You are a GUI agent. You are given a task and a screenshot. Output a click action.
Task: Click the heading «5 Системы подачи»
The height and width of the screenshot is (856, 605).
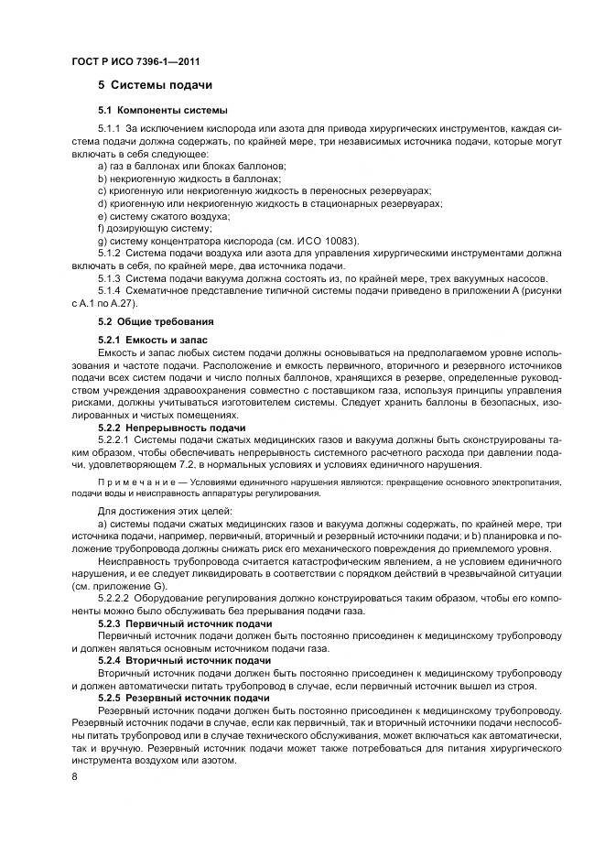click(x=155, y=85)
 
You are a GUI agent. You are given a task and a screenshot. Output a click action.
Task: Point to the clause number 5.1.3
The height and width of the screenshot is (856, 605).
click(x=109, y=278)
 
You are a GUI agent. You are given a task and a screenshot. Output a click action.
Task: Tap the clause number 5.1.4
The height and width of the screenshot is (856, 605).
click(x=109, y=290)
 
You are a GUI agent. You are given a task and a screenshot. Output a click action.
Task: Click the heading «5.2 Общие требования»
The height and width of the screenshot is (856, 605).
click(x=156, y=322)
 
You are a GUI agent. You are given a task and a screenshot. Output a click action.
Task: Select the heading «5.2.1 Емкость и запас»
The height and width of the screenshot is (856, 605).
click(x=153, y=340)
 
